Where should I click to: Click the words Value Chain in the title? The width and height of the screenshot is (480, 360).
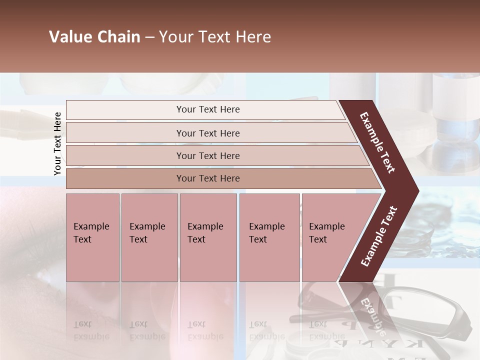94,37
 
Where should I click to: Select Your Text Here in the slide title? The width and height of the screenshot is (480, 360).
215,37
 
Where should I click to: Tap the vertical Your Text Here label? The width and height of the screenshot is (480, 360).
57,143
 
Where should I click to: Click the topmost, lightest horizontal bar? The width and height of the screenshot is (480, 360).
150,110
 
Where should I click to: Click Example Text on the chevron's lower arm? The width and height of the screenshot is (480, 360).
379,236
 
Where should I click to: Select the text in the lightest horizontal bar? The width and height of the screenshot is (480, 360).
208,109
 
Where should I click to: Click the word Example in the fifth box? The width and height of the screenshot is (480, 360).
326,226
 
